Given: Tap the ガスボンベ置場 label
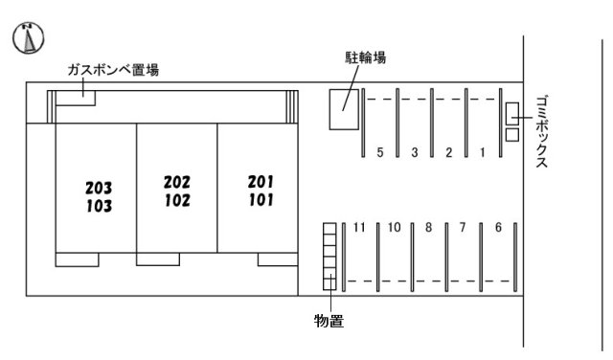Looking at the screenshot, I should pyautogui.click(x=112, y=70).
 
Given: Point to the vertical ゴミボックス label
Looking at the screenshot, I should pyautogui.click(x=541, y=132).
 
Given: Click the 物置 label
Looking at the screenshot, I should pyautogui.click(x=329, y=322).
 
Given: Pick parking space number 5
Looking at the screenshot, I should pyautogui.click(x=380, y=152).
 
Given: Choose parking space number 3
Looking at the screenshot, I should pyautogui.click(x=415, y=152).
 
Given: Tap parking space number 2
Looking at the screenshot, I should pyautogui.click(x=448, y=152).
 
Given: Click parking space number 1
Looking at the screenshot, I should pyautogui.click(x=483, y=152).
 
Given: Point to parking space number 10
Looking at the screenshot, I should pyautogui.click(x=394, y=228).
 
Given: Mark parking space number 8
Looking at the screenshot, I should pyautogui.click(x=429, y=228).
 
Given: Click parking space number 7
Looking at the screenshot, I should pyautogui.click(x=463, y=228).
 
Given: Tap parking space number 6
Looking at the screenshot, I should pyautogui.click(x=498, y=228).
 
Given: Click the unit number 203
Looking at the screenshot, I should pyautogui.click(x=99, y=188).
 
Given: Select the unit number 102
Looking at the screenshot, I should pyautogui.click(x=177, y=201).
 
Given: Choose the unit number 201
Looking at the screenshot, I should pyautogui.click(x=261, y=182).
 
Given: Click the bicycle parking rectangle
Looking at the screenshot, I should pyautogui.click(x=342, y=109).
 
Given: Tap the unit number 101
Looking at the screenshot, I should pyautogui.click(x=261, y=201).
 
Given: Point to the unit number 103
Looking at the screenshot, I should pyautogui.click(x=99, y=206).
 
